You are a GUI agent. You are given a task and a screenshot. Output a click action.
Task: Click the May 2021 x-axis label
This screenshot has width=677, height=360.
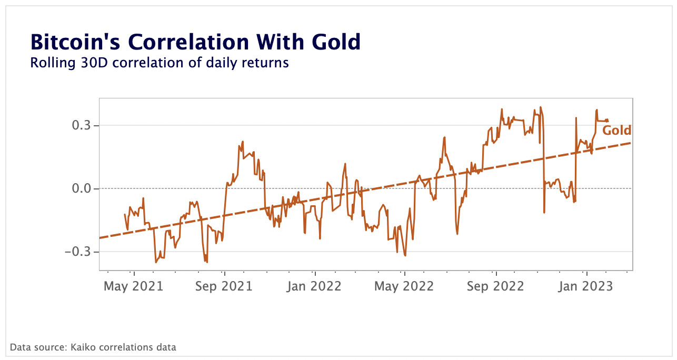pyautogui.click(x=134, y=286)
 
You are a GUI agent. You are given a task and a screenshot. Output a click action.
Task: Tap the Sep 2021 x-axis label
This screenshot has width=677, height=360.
pyautogui.click(x=224, y=286)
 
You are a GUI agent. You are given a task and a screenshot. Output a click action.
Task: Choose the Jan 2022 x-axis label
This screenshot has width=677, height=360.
pyautogui.click(x=315, y=286)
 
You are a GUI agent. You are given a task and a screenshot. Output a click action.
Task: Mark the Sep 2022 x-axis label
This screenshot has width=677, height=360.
pyautogui.click(x=496, y=286)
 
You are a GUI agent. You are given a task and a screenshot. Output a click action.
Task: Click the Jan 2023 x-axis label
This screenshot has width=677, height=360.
pyautogui.click(x=586, y=286)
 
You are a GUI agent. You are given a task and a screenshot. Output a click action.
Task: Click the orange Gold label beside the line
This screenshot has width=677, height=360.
pyautogui.click(x=616, y=131)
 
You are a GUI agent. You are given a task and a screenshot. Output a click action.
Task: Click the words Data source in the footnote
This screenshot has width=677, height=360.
pyautogui.click(x=35, y=347)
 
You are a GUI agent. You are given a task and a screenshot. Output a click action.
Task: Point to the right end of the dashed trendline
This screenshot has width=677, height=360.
pyautogui.click(x=631, y=143)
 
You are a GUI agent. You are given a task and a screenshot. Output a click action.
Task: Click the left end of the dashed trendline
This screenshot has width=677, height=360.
pyautogui.click(x=101, y=238)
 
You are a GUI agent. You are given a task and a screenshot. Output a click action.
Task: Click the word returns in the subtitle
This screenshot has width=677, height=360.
pyautogui.click(x=268, y=63)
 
